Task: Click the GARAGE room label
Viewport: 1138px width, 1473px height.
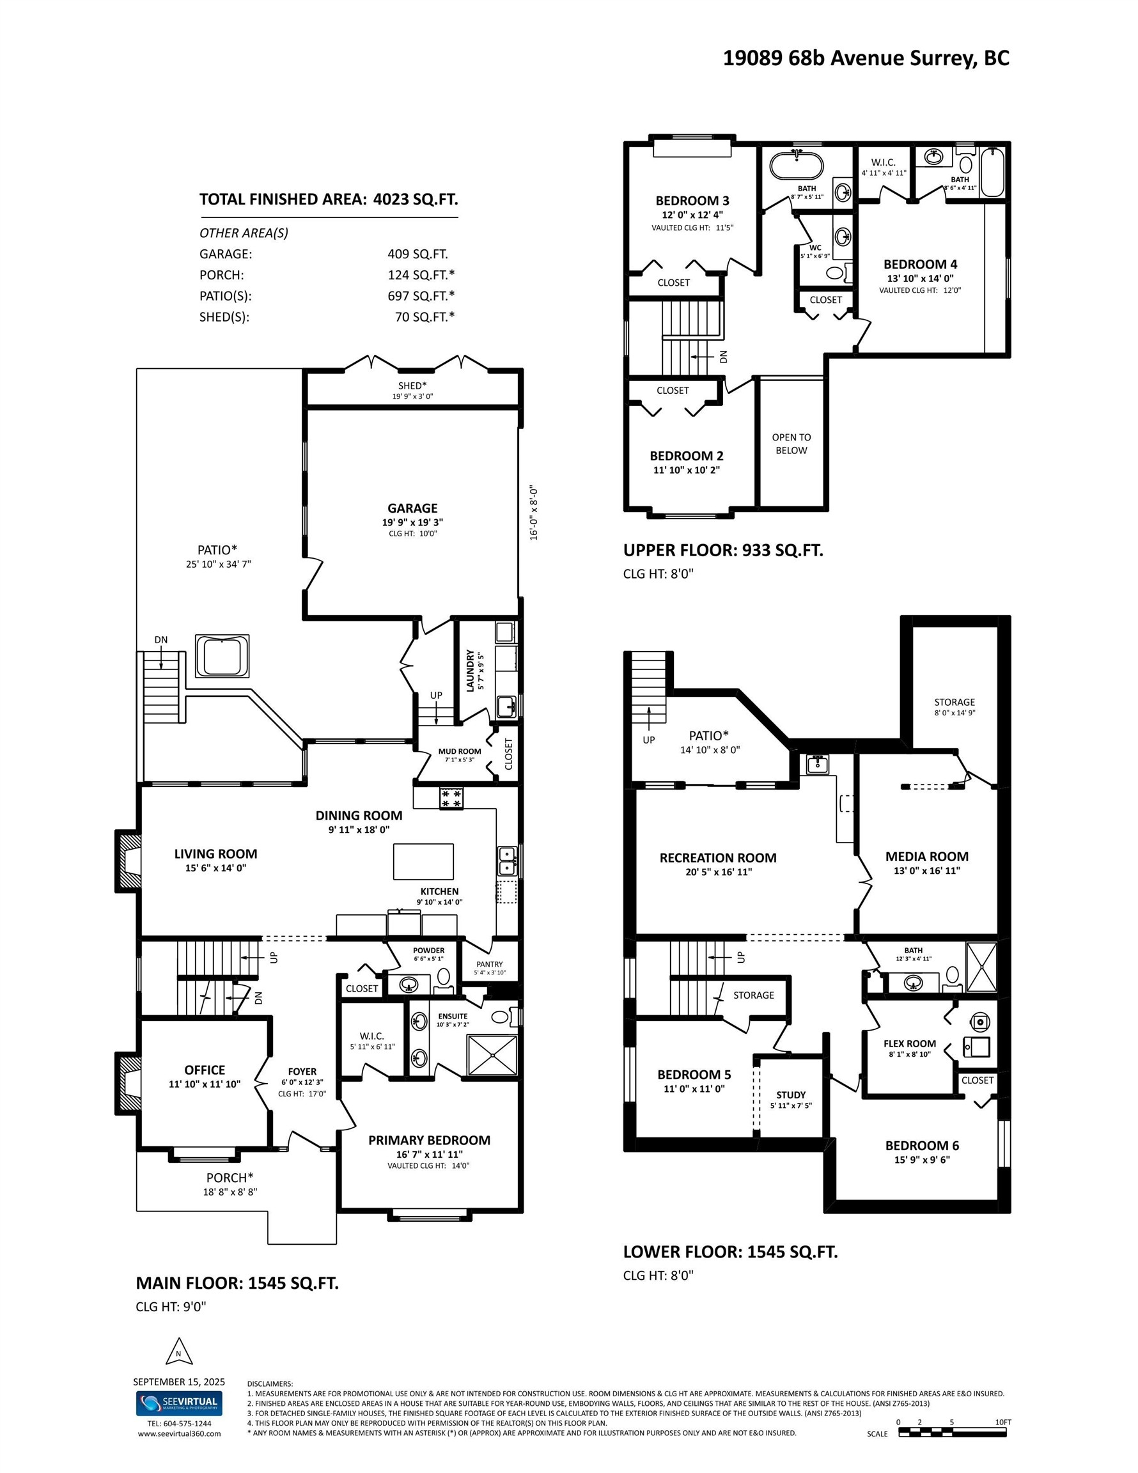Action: pos(412,508)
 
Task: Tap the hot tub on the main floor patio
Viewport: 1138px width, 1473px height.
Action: pos(222,655)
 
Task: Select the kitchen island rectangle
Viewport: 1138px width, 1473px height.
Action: pos(423,861)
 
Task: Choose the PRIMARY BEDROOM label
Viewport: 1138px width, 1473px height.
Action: pos(429,1140)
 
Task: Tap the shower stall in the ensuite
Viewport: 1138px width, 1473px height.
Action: pos(493,1056)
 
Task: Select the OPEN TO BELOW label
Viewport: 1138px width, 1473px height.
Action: pos(791,444)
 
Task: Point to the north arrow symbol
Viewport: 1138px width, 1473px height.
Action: pos(179,1352)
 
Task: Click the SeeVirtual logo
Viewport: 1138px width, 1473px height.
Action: pos(179,1403)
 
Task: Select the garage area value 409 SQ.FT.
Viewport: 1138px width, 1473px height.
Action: pos(417,254)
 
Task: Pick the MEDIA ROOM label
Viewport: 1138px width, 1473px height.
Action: pos(927,857)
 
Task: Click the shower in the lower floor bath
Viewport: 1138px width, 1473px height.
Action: pos(981,967)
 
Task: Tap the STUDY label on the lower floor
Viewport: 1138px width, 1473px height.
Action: pos(791,1095)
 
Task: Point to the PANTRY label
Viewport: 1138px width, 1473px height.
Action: pos(489,964)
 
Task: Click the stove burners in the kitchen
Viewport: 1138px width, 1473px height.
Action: pos(451,799)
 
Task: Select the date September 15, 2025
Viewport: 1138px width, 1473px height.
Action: pos(179,1382)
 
